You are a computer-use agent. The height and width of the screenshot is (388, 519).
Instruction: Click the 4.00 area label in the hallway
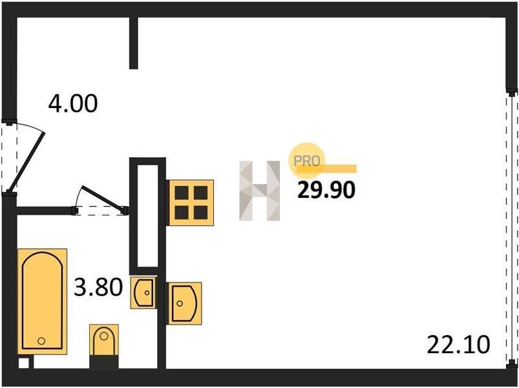coord(73,103)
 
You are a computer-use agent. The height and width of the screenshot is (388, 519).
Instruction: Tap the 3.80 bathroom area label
coord(98,287)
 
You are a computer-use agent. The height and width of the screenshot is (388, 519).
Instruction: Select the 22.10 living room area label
coord(458,344)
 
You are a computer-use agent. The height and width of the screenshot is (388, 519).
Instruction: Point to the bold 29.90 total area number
coord(326,190)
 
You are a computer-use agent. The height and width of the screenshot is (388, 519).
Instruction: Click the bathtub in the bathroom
coord(43,301)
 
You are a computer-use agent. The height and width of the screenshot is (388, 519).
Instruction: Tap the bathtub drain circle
coord(41,341)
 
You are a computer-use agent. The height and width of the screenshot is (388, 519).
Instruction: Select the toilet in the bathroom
coord(104,341)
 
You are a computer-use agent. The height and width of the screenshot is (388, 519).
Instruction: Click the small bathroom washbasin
coord(143,293)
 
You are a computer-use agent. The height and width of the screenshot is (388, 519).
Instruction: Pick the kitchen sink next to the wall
coord(184,303)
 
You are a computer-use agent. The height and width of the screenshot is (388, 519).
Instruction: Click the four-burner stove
coord(190,202)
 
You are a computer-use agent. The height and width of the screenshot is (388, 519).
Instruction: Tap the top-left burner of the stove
coord(182,193)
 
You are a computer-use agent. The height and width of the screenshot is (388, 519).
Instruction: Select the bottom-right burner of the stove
coord(200,213)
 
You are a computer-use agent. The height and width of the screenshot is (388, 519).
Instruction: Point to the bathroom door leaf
coord(104,199)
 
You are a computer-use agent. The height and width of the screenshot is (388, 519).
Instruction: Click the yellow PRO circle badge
coord(307,160)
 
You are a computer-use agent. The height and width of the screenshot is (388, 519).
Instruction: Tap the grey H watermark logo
coord(260,191)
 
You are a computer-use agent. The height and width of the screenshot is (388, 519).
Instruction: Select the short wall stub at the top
coord(133,43)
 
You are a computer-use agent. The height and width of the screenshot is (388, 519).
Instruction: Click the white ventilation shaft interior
coord(147,215)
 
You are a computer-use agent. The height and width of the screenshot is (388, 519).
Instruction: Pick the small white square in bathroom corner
coord(23,363)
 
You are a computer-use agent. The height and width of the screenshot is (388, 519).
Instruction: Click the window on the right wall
coord(512,228)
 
